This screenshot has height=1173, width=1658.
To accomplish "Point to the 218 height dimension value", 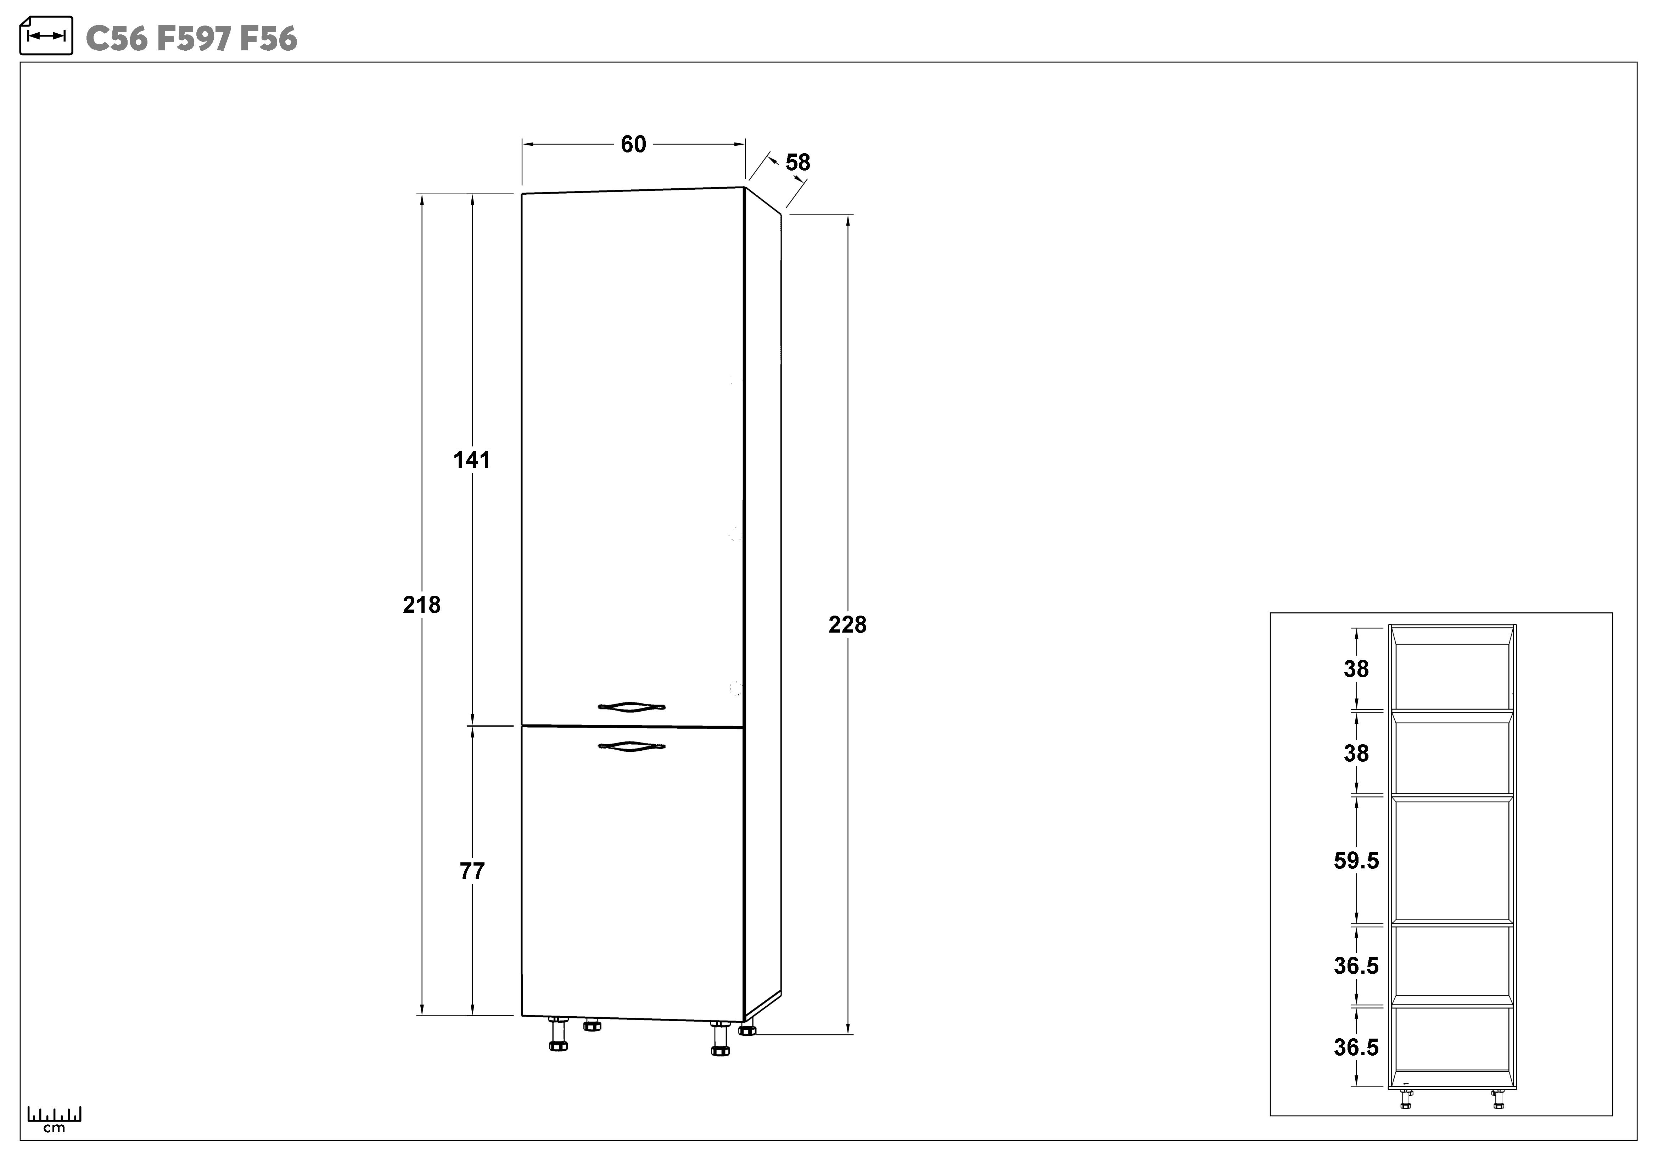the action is coord(422,605).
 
